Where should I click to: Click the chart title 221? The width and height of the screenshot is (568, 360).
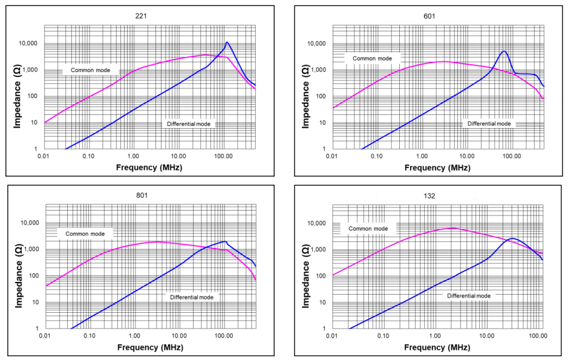click(140, 16)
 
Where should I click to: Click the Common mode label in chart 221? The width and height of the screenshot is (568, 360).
click(91, 70)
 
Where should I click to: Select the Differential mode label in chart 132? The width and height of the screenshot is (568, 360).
click(469, 296)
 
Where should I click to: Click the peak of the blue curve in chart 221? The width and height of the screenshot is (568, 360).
click(226, 42)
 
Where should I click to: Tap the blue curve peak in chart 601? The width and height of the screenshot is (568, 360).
click(503, 51)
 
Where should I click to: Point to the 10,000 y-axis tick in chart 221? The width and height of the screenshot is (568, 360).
click(28, 44)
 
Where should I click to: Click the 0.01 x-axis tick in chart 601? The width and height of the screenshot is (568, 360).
click(331, 156)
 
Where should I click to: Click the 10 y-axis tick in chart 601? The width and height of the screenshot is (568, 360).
click(319, 123)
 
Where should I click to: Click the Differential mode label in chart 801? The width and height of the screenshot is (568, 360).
click(192, 297)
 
